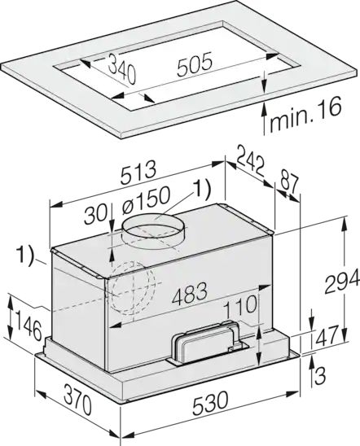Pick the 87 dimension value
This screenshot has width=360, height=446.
coord(288,181)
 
